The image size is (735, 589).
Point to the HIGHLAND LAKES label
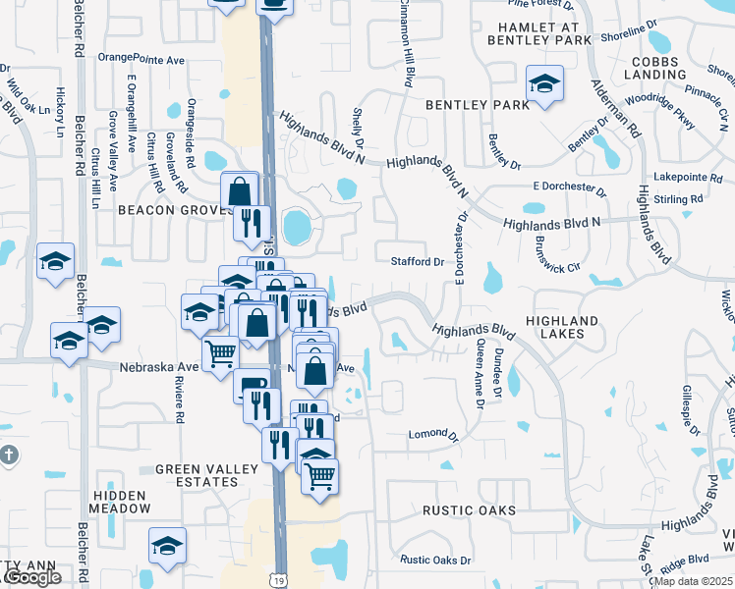(x=562, y=327)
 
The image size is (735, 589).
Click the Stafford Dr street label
(x=419, y=262)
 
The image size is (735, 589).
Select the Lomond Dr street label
(x=434, y=433)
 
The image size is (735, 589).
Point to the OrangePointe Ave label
(x=142, y=58)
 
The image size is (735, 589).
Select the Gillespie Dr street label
(x=686, y=411)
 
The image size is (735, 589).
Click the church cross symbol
(x=9, y=455)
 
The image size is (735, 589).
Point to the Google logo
(x=31, y=577)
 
